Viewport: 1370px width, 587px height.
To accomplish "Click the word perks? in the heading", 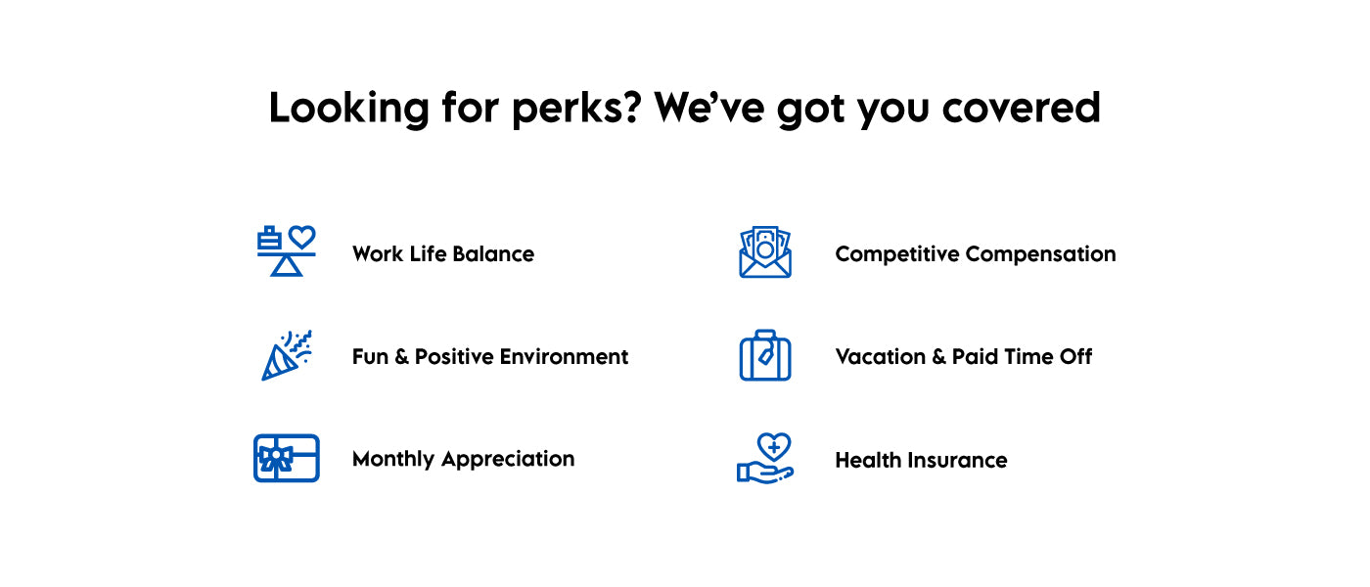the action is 576,110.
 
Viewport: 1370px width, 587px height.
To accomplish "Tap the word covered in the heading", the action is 1021,107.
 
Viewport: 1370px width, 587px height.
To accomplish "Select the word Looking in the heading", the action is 349,110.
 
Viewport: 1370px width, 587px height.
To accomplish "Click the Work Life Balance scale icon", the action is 286,250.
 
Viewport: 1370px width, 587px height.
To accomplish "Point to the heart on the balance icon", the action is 302,237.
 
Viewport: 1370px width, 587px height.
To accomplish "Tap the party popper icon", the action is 286,355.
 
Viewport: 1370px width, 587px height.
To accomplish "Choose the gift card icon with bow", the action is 286,458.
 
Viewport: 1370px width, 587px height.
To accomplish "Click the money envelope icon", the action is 765,252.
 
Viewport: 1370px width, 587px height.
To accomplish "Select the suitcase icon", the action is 765,355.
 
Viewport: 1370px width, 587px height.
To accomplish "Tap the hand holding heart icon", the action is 765,459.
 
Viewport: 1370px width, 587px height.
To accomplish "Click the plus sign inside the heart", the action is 774,447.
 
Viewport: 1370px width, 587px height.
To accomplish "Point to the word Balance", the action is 493,253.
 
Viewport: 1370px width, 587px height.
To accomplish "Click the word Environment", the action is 564,356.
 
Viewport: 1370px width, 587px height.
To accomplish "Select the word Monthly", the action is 393,459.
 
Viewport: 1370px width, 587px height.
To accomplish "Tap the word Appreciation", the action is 508,459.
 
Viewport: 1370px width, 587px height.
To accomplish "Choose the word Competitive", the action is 897,254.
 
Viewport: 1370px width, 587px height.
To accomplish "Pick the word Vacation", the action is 881,356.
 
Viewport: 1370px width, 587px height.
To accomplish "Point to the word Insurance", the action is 957,460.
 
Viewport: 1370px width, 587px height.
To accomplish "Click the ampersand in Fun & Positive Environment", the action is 401,356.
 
